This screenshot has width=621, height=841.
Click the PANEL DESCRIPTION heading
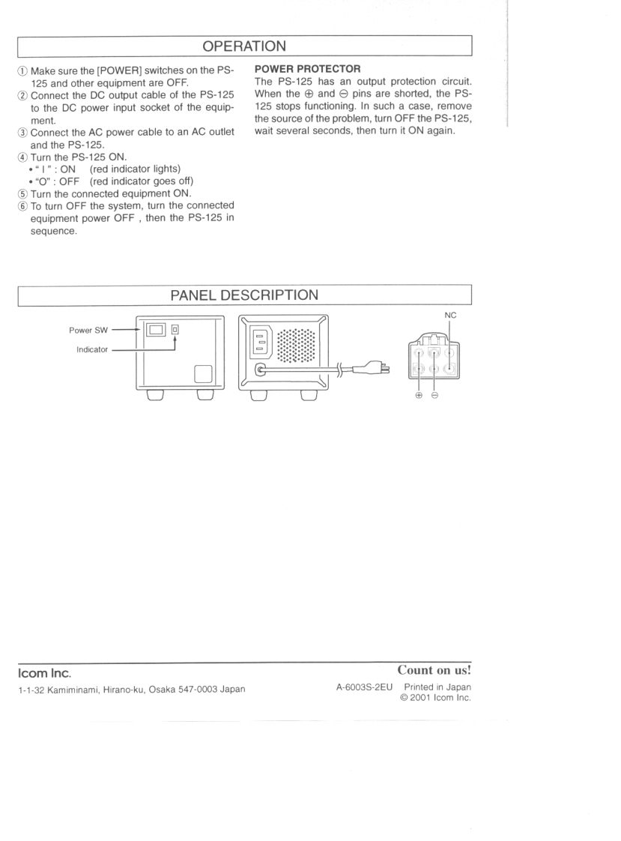coord(245,295)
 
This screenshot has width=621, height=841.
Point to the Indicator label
coord(92,349)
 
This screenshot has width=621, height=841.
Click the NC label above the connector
coord(450,316)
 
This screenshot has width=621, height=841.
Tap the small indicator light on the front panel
coord(175,329)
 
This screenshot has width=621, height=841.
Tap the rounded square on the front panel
coord(204,373)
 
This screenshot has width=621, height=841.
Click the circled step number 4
coord(23,136)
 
